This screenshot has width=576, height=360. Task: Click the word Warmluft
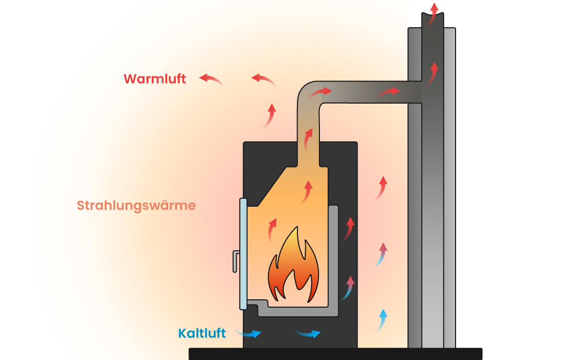pos(154,79)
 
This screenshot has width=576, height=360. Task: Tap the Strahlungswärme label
pos(136,206)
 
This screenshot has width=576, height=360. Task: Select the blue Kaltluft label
pos(202,333)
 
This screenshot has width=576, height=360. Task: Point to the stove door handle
pos(236,261)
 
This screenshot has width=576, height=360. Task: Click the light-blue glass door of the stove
pos(243,254)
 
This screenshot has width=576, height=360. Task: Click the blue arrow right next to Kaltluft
pos(249,333)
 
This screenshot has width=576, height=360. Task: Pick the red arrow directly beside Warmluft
pos(211,80)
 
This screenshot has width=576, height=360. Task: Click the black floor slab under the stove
pos(335,354)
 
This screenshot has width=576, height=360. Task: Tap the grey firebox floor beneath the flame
pos(298,312)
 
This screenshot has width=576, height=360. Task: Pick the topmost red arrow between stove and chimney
pos(382,188)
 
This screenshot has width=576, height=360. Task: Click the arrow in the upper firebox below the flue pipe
pos(307,192)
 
